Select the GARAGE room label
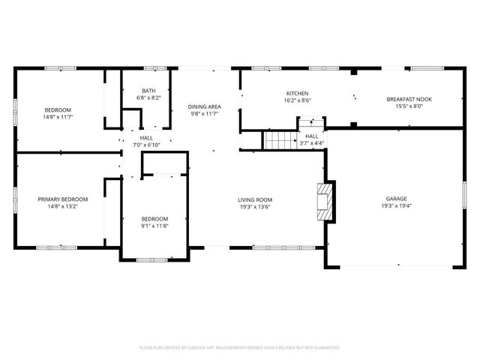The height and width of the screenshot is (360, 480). pos(396,199)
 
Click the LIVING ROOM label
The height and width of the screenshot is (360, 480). pos(254,199)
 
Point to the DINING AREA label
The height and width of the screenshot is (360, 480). pos(204,106)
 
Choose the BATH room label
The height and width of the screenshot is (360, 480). pos(148,91)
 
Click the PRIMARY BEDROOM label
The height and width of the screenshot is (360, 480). pos(63,199)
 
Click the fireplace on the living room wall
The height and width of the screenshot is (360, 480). pos(324,202)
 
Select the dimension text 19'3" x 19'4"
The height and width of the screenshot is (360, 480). pos(396,206)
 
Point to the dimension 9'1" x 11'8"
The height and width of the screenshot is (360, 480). pos(154,226)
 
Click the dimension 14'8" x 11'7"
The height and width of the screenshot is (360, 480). pos(57,117)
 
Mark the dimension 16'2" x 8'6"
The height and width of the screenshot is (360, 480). pos(297,100)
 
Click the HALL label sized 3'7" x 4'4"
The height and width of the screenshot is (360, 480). pos(311,136)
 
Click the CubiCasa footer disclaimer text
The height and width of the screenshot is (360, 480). pos(240,348)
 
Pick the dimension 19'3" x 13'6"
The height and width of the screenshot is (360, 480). pos(254,207)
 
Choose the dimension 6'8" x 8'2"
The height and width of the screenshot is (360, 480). pos(148,98)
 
